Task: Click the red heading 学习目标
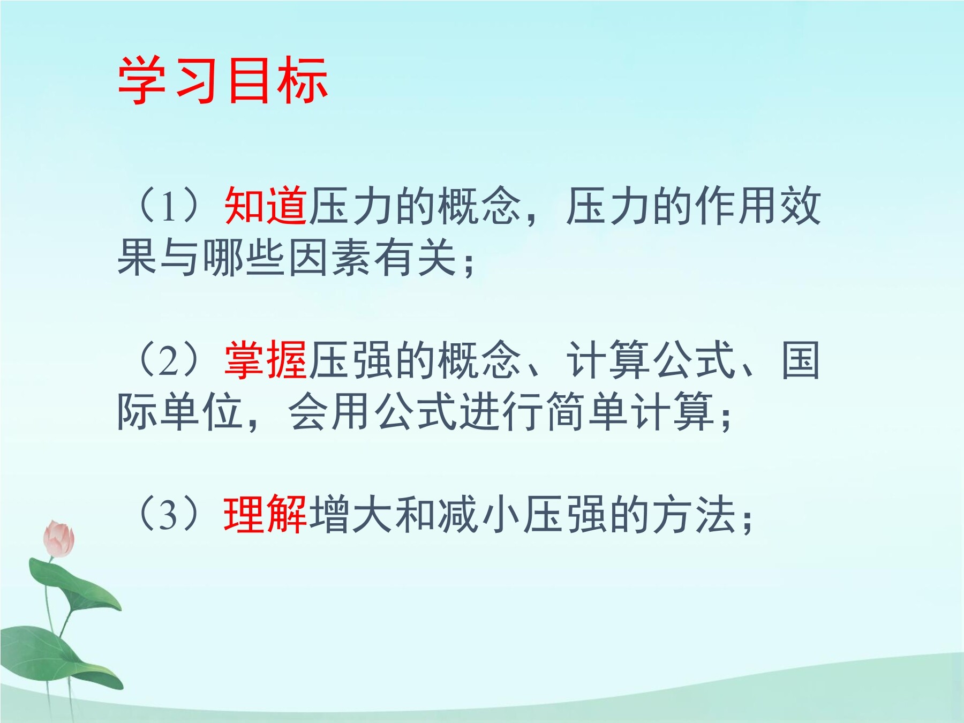[x=223, y=80]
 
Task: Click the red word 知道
[x=266, y=206]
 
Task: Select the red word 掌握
[x=266, y=360]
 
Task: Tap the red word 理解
[x=266, y=515]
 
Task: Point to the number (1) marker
[x=169, y=206]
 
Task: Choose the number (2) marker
[x=169, y=360]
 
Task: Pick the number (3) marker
[x=169, y=515]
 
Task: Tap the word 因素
[x=330, y=258]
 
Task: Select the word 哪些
[x=245, y=258]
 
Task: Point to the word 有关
[x=416, y=258]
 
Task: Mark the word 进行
[x=502, y=412]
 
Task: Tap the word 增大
[x=352, y=515]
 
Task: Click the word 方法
[x=695, y=515]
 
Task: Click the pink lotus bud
[x=59, y=539]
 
